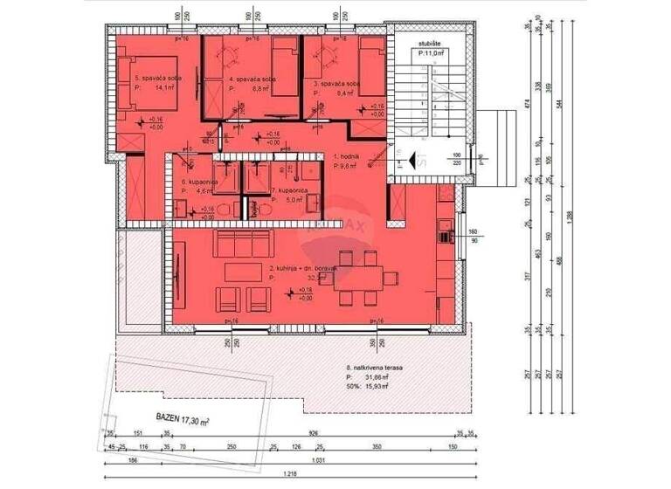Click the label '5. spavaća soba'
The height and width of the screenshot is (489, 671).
click(156, 79)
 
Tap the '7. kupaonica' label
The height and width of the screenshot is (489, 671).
click(287, 189)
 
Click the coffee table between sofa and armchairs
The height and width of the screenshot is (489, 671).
click(244, 272)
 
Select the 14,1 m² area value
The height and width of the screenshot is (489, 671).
click(163, 87)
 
